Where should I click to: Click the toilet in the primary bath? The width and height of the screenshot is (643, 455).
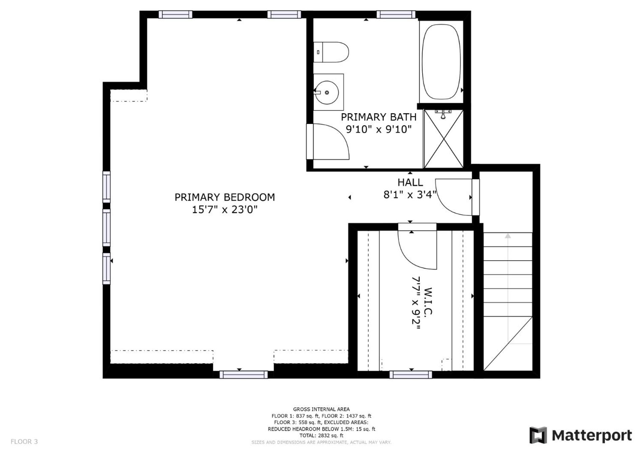331,52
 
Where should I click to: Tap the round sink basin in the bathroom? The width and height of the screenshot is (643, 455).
327,92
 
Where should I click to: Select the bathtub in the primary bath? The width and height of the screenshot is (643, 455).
441,62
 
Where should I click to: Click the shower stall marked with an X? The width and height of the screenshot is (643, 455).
443,138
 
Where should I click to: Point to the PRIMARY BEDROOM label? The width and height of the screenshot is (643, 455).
225,197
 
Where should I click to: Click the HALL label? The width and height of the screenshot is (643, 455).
410,182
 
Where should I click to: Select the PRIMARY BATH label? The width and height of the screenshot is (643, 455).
378,117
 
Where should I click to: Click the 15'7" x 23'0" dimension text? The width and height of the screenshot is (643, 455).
225,210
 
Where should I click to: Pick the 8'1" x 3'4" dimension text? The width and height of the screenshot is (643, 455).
410,194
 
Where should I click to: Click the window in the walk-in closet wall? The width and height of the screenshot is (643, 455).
411,375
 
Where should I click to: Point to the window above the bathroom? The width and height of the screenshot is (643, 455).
396,14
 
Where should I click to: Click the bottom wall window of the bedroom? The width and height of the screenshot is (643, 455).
243,375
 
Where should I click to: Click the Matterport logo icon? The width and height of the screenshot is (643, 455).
538,435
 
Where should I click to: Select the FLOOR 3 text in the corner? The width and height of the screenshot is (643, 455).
24,442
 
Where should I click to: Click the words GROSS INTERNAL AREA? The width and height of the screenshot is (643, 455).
321,409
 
